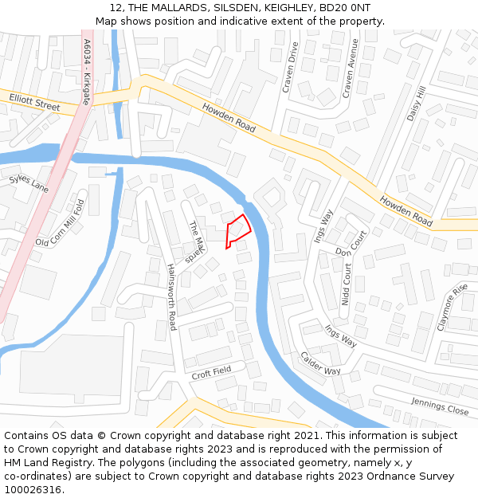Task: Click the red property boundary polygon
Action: tap(237, 230)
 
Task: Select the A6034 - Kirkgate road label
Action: tap(87, 72)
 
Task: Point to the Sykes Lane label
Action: tap(29, 183)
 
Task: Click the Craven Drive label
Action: tap(292, 67)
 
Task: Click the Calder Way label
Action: tap(320, 364)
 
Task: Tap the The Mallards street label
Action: tap(196, 242)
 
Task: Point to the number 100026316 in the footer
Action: tap(33, 489)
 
